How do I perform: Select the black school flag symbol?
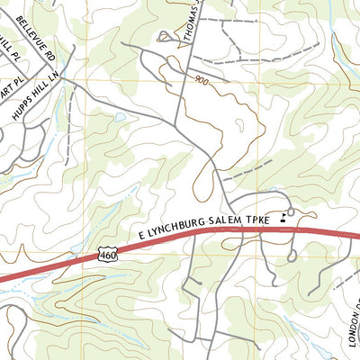click(x=284, y=215)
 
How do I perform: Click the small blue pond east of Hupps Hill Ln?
click(x=121, y=117)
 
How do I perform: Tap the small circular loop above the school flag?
click(x=292, y=212)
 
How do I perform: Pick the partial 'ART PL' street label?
click(x=9, y=93)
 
